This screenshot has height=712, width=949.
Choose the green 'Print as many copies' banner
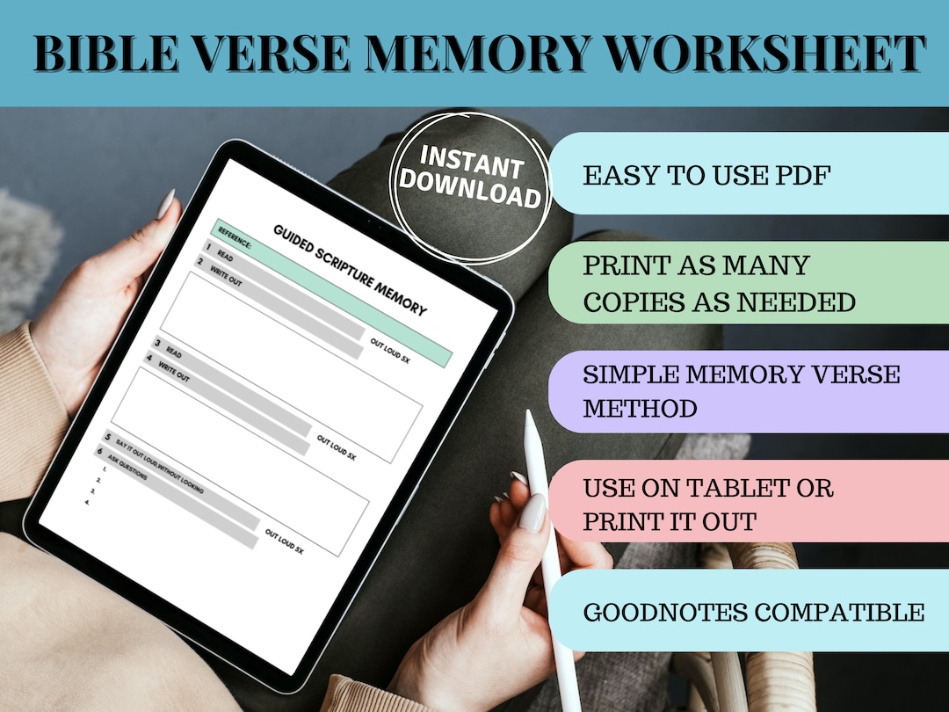click(747, 282)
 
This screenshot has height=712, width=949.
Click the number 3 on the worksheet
click(158, 343)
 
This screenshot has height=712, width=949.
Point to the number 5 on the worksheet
click(108, 437)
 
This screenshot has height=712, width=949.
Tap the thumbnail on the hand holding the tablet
click(164, 207)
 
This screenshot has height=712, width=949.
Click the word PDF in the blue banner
click(801, 175)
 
